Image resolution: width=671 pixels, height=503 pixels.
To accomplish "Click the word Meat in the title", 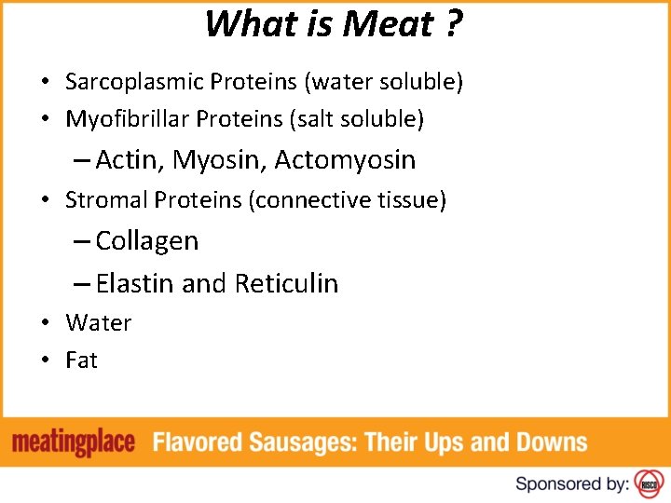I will point(388,24).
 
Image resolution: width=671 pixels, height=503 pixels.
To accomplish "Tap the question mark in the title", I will point(453,24).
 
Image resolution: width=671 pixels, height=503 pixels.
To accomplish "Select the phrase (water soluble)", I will point(383,82).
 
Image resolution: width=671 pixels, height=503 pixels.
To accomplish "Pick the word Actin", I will point(129,160).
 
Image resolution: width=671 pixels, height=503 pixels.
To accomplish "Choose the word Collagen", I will point(146,241).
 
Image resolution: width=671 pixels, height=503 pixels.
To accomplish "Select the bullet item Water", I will point(98,323).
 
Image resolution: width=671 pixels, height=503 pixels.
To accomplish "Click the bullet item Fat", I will point(81,360).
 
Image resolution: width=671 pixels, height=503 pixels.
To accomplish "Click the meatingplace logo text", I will point(74,442).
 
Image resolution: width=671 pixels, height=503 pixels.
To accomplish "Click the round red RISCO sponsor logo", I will point(647,483).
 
